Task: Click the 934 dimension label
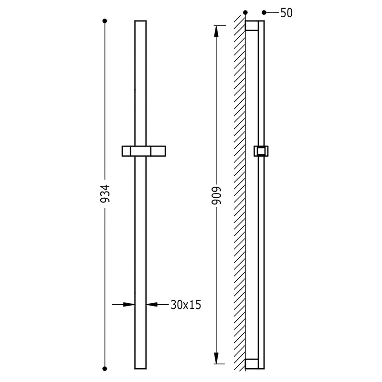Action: click(105, 193)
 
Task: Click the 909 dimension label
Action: click(216, 195)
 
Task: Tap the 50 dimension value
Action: click(286, 13)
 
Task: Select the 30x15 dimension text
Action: click(186, 305)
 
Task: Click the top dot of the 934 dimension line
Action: click(105, 21)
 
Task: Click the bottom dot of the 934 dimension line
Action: click(105, 369)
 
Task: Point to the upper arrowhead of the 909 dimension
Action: click(216, 32)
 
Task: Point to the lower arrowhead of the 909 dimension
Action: click(216, 358)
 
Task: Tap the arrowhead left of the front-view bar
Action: click(129, 304)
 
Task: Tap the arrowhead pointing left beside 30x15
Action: click(152, 304)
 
